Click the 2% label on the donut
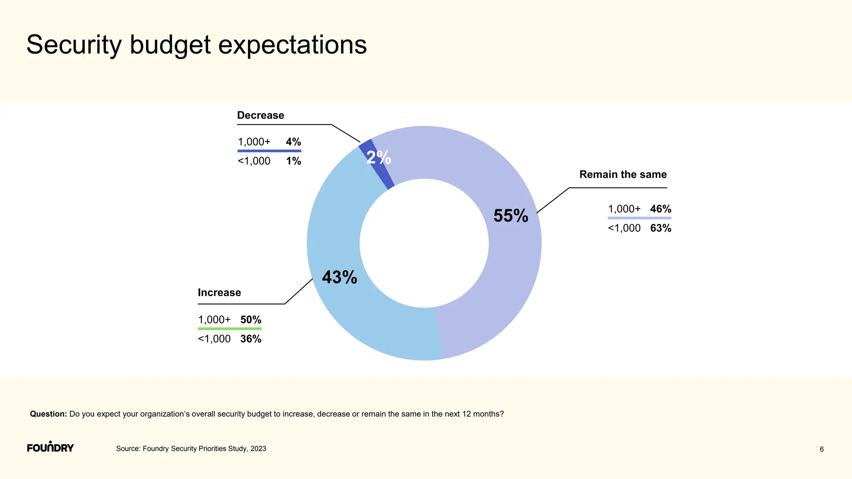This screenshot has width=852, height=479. pyautogui.click(x=379, y=157)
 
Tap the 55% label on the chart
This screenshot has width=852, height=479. pyautogui.click(x=510, y=215)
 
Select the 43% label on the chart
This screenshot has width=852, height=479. pyautogui.click(x=339, y=277)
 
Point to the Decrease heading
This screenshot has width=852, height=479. pyautogui.click(x=260, y=115)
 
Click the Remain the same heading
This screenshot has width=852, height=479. pyautogui.click(x=623, y=174)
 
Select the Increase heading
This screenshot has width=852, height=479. pyautogui.click(x=219, y=292)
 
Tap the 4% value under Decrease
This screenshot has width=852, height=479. pyautogui.click(x=293, y=142)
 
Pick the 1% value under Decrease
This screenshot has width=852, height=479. pyautogui.click(x=293, y=161)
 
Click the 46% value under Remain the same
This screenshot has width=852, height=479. pyautogui.click(x=661, y=209)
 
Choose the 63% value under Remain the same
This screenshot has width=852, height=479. pyautogui.click(x=661, y=228)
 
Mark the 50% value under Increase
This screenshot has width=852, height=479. pyautogui.click(x=251, y=320)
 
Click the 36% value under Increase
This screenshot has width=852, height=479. pyautogui.click(x=251, y=339)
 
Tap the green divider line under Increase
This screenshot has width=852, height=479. pyautogui.click(x=230, y=329)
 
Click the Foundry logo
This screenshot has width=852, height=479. pyautogui.click(x=50, y=447)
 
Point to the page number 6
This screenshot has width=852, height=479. pyautogui.click(x=822, y=449)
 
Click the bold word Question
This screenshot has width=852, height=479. pyautogui.click(x=48, y=414)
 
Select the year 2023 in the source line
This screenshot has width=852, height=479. pyautogui.click(x=258, y=449)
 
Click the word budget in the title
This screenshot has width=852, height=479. pyautogui.click(x=170, y=45)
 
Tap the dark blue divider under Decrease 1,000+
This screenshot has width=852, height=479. pyautogui.click(x=269, y=151)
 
